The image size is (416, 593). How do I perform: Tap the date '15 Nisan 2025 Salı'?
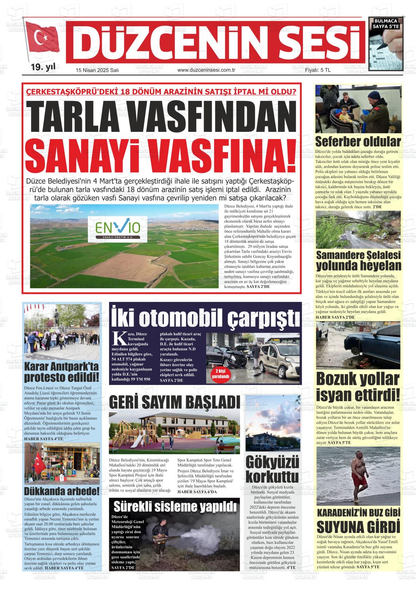(97, 70)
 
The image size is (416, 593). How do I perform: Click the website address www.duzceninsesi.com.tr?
(206, 70)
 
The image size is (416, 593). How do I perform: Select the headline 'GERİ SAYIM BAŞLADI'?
(174, 403)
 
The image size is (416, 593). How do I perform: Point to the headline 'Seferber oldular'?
(358, 141)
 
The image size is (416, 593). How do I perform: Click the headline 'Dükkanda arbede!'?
(61, 491)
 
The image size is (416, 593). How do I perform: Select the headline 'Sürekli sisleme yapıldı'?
(174, 506)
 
